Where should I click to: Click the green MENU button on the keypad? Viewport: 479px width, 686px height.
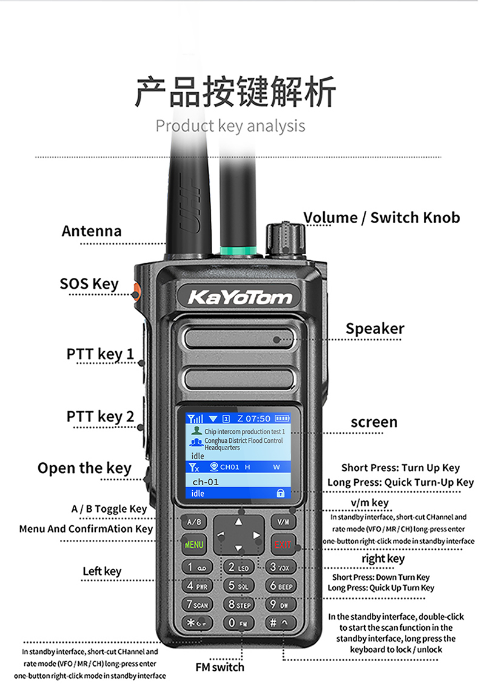tap(194, 545)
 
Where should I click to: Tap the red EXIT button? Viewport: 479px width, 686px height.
tap(283, 544)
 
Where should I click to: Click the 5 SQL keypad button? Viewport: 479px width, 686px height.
tap(238, 586)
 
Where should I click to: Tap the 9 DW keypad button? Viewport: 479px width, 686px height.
tap(280, 605)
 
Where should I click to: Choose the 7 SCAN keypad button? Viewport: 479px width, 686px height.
tap(197, 605)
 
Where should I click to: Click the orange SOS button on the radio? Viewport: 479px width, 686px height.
tap(136, 291)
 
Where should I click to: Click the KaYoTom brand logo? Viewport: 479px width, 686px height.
tap(239, 297)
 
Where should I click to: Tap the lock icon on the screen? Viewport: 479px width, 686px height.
tap(280, 493)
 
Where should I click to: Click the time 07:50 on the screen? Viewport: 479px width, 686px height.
tap(258, 419)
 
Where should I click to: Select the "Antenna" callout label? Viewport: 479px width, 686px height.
tap(92, 231)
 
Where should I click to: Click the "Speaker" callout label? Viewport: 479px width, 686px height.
tap(375, 329)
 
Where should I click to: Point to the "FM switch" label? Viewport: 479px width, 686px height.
tap(219, 667)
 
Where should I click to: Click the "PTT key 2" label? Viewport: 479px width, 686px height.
tap(100, 417)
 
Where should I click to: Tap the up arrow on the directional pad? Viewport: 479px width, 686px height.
tap(238, 522)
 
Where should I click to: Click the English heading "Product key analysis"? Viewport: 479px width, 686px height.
tap(230, 126)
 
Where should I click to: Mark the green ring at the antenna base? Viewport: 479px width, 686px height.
tap(238, 251)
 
